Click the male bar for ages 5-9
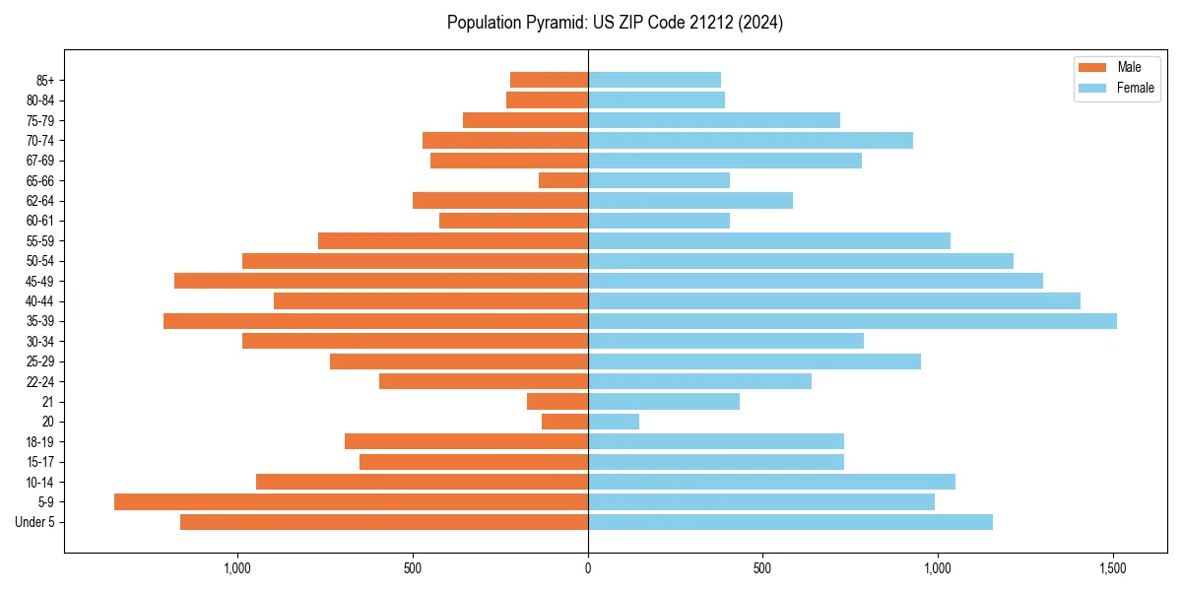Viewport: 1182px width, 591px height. tap(351, 501)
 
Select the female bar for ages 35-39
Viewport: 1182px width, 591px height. tap(852, 321)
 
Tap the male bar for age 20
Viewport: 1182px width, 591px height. tap(564, 422)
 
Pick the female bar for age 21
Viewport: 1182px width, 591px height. tap(663, 401)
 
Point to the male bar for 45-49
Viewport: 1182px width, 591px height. tap(381, 281)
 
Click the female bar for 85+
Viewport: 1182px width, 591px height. tap(654, 80)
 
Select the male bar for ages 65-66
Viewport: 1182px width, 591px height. tap(563, 180)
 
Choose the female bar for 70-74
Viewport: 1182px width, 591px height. tap(750, 140)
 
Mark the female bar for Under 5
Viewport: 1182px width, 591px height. tap(790, 522)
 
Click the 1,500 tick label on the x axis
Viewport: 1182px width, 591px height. tap(1113, 568)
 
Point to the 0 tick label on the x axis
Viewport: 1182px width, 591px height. tap(588, 568)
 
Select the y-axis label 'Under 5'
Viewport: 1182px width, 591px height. tap(35, 522)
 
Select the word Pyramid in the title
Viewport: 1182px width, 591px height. tap(552, 23)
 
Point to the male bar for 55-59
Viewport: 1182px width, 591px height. tap(453, 240)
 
